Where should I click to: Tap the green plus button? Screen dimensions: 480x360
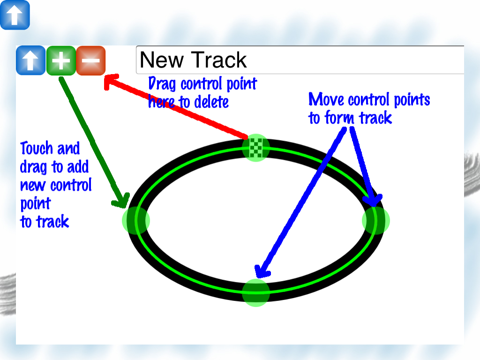(61, 60)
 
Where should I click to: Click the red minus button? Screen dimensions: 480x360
(90, 60)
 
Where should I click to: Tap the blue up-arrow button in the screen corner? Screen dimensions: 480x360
(15, 15)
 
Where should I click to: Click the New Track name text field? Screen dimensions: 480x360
(300, 60)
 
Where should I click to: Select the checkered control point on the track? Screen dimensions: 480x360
(256, 148)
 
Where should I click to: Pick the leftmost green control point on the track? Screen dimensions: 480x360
(136, 220)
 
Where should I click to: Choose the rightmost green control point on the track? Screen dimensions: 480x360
(375, 220)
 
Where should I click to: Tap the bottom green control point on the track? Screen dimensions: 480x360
(256, 292)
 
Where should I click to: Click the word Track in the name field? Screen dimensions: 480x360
(218, 60)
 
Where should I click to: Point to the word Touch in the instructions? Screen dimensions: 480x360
(37, 148)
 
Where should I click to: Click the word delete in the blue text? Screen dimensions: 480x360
(211, 102)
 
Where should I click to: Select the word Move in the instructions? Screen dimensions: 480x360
(326, 99)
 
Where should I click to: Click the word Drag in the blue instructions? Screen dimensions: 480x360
(162, 84)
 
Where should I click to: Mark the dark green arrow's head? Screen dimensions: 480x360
(121, 201)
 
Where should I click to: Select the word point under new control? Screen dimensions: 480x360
(35, 204)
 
